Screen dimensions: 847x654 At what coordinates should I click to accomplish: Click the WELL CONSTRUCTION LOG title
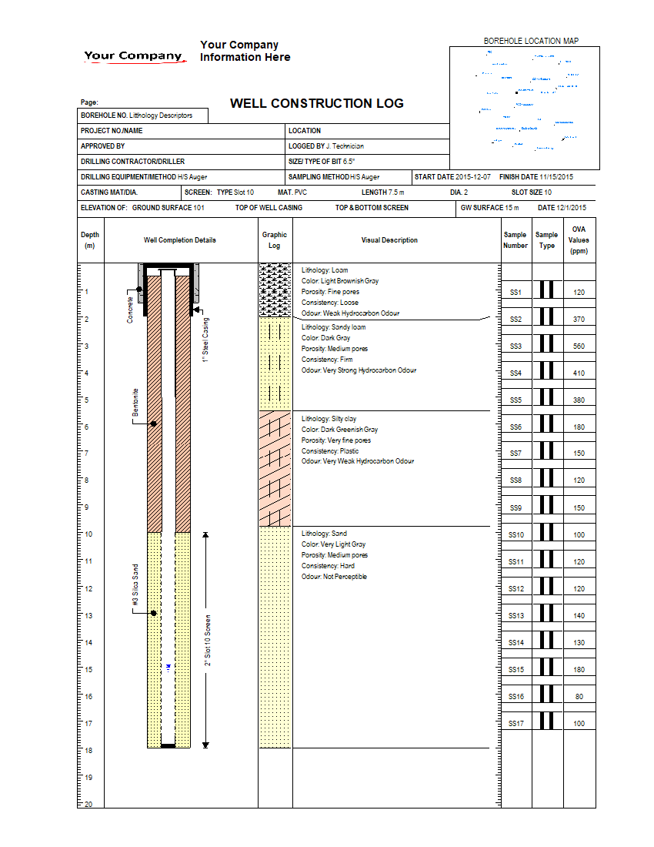(316, 104)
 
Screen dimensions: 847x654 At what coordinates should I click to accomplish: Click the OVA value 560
(579, 346)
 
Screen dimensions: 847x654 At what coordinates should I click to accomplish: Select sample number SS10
(516, 534)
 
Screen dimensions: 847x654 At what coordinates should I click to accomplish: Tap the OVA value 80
(579, 696)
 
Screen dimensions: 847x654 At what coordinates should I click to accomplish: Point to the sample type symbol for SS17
(547, 722)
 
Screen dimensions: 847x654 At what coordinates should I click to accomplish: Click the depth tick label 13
(87, 616)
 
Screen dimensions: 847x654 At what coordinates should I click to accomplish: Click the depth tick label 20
(87, 805)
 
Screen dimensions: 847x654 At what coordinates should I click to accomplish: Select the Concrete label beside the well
(131, 310)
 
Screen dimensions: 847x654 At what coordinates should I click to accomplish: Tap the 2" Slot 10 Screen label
(208, 641)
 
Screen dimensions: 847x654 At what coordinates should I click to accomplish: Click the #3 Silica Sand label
(135, 588)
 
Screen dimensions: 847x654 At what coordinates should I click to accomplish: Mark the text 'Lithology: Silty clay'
(329, 419)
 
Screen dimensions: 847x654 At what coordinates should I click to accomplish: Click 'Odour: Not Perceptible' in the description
(334, 577)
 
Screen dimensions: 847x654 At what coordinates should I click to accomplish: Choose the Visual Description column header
(389, 240)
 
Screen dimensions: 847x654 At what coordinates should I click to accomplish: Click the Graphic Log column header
(275, 240)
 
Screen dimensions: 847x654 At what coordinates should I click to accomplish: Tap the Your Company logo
(134, 55)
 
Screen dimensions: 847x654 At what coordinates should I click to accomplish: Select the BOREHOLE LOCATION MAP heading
(531, 41)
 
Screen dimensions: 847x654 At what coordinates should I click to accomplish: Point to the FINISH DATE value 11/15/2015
(556, 177)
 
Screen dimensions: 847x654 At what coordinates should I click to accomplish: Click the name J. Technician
(345, 146)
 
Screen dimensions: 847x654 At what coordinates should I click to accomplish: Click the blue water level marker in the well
(168, 665)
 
